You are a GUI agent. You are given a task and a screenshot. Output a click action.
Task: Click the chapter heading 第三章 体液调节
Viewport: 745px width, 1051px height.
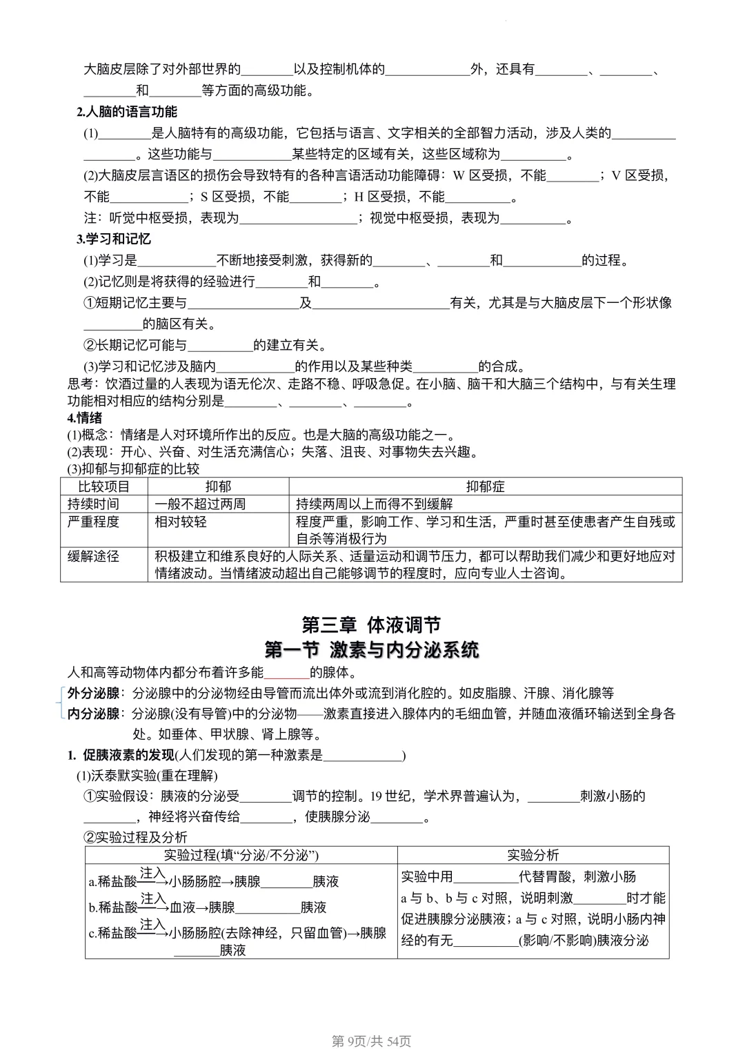tap(371, 625)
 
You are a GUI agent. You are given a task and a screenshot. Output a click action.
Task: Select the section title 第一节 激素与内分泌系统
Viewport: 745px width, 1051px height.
tap(371, 650)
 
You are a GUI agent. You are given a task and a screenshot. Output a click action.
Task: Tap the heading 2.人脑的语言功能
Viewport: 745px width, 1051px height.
tap(127, 112)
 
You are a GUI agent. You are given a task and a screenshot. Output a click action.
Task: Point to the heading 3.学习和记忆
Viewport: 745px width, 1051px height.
tap(114, 239)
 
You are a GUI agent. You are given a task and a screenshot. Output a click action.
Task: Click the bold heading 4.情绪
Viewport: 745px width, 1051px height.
tap(85, 418)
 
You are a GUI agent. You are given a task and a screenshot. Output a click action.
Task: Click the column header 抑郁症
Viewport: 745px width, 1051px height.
tap(485, 487)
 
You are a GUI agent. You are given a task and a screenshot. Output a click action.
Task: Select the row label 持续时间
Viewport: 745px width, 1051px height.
tap(93, 504)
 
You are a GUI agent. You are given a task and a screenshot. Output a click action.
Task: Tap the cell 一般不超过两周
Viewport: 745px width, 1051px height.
tap(200, 504)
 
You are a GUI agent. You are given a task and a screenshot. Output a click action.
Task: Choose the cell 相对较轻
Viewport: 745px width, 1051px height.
tap(180, 522)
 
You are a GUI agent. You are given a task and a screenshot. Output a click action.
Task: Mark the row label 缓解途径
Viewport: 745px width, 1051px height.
tap(93, 556)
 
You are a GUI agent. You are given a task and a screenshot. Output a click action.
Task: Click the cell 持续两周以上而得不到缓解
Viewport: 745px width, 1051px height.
tap(375, 504)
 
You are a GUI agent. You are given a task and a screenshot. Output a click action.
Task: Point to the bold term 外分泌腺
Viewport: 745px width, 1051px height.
tap(93, 694)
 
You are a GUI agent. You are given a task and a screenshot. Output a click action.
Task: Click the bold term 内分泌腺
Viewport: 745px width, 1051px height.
tap(93, 714)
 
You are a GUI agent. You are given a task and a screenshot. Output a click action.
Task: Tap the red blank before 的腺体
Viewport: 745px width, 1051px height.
tap(287, 674)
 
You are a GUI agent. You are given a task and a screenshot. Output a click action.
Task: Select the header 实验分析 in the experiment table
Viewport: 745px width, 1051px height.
tap(533, 855)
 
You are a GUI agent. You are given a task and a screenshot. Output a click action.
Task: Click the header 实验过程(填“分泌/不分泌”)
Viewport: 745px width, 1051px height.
tap(241, 855)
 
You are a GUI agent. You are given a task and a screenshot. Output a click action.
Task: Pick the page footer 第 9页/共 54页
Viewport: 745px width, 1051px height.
tap(371, 1041)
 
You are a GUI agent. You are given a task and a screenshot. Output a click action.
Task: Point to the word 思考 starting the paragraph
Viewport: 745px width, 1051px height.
tap(81, 384)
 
